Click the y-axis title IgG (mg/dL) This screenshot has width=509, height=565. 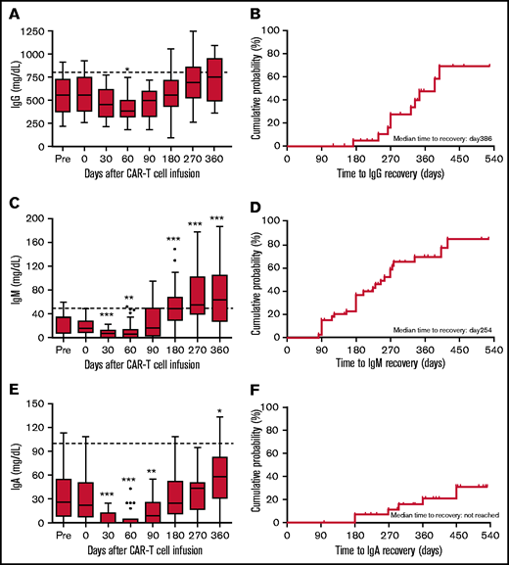tap(13, 87)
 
